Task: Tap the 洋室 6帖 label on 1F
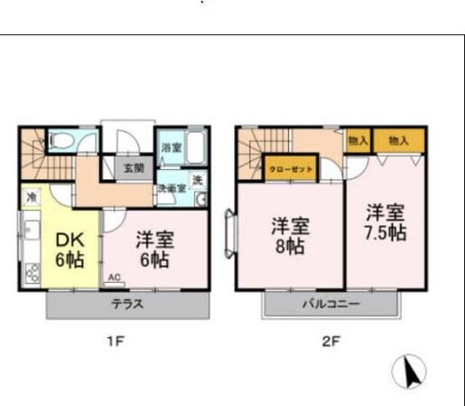[x=154, y=249]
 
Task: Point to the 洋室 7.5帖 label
[x=385, y=222]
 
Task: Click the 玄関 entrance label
[x=134, y=166]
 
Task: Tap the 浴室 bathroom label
[x=171, y=147]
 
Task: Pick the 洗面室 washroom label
[x=171, y=189]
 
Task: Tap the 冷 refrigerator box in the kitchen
[x=32, y=196]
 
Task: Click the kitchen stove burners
[x=32, y=270]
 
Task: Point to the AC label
[x=114, y=278]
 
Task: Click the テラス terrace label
[x=126, y=304]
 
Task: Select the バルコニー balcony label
[x=330, y=304]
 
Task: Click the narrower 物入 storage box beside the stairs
[x=358, y=140]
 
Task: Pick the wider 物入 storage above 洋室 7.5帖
[x=398, y=140]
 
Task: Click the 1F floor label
[x=114, y=343]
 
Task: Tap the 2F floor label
[x=330, y=343]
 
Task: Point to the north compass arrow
[x=411, y=371]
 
